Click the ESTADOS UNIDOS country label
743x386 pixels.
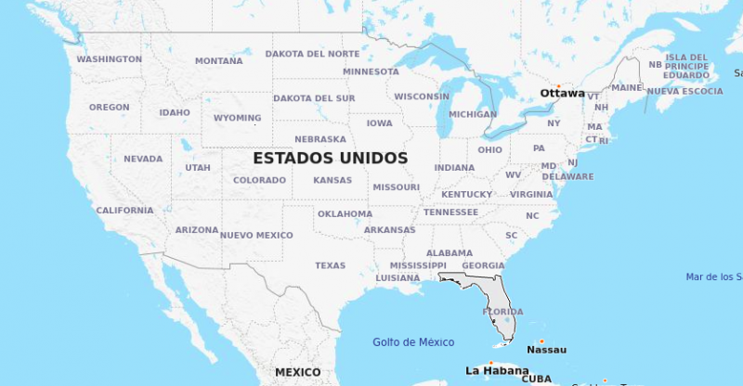click(330, 158)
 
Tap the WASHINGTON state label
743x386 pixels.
click(110, 59)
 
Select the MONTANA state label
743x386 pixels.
click(218, 61)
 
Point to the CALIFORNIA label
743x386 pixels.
click(124, 211)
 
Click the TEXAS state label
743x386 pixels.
click(330, 265)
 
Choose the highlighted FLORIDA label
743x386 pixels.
click(502, 312)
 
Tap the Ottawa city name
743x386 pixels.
click(562, 93)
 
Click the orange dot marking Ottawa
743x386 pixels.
click(558, 85)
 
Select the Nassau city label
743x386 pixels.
click(546, 350)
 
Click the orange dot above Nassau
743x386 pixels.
click(541, 341)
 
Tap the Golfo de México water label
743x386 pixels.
click(413, 342)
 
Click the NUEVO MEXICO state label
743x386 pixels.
click(256, 236)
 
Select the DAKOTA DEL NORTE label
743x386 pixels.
click(312, 54)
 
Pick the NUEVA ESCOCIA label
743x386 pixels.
click(684, 91)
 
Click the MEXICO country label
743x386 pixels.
click(297, 372)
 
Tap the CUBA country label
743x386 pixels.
click(536, 379)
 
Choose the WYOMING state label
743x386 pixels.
click(237, 119)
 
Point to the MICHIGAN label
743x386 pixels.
click(473, 114)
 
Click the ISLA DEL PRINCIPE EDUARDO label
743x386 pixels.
click(687, 66)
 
